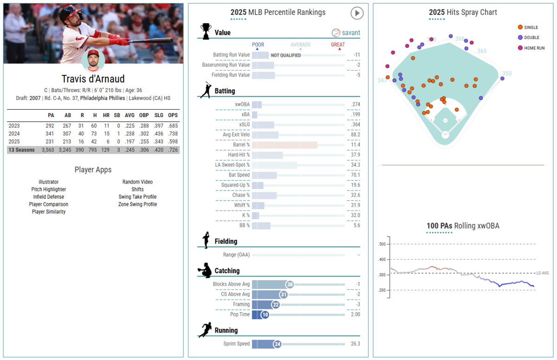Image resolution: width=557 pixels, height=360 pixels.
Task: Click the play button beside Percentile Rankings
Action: point(356,13)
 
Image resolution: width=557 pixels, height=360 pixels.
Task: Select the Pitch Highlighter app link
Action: point(49,190)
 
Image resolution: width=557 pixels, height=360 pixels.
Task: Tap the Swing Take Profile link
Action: point(137,197)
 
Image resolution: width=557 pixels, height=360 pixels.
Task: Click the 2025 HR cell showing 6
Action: point(106,142)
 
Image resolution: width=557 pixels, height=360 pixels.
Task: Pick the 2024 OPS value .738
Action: point(172,133)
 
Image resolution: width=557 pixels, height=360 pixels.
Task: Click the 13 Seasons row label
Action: point(21,150)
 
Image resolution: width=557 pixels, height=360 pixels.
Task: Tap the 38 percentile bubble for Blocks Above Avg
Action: point(290,284)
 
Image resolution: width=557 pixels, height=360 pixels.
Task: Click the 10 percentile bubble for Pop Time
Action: point(265,314)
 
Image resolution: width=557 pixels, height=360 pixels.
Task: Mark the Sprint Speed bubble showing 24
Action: point(277,344)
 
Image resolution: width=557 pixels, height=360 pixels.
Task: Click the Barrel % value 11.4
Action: point(356,145)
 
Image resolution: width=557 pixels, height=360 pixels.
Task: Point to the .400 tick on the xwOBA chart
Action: point(382,260)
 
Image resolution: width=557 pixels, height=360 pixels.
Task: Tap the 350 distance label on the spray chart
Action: point(507,73)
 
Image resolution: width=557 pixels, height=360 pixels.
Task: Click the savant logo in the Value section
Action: point(346,33)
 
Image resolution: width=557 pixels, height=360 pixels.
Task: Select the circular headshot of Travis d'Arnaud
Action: point(93,61)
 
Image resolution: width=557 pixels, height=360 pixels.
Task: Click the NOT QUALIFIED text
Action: point(285,55)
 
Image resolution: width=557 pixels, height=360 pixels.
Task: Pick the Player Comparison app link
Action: point(49,204)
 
